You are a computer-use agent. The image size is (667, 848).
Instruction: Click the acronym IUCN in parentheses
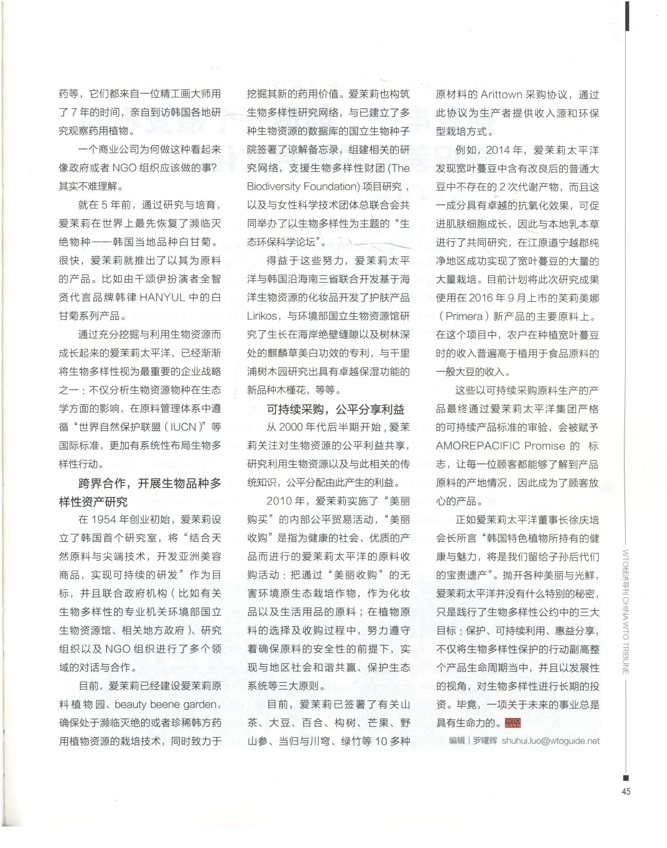(x=183, y=427)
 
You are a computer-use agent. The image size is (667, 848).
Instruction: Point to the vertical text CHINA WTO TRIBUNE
(x=625, y=632)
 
